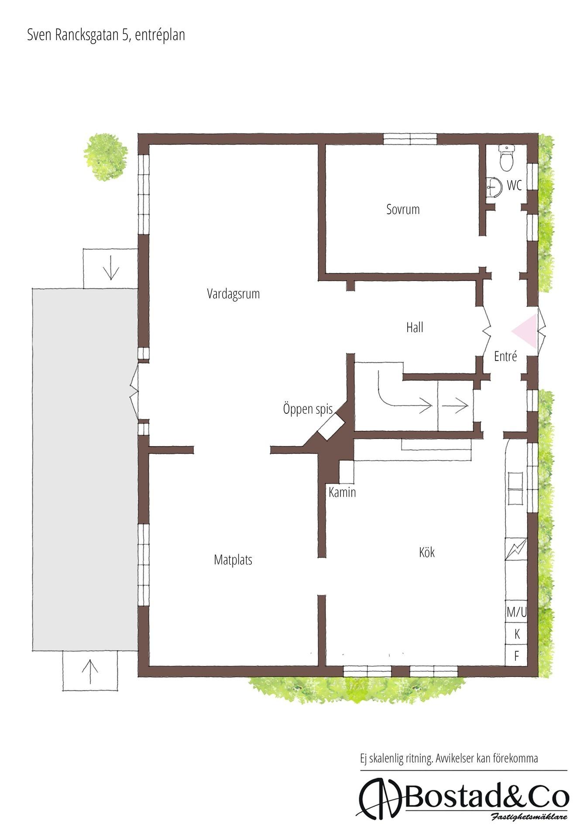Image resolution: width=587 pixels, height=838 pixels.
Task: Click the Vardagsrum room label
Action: [x=233, y=294]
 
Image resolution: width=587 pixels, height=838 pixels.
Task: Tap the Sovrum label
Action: [x=403, y=209]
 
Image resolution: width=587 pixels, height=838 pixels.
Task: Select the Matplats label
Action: [x=233, y=560]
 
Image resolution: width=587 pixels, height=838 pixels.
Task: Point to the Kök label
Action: [x=426, y=552]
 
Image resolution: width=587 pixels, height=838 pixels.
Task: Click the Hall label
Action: [x=415, y=327]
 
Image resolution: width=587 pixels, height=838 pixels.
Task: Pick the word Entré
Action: [x=505, y=356]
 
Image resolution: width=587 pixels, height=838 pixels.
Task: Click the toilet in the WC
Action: [x=507, y=158]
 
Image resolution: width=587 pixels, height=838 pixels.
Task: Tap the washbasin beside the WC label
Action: [x=494, y=187]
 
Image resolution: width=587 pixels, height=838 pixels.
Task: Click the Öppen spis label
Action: [x=308, y=409]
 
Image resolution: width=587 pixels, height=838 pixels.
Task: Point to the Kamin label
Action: [x=342, y=493]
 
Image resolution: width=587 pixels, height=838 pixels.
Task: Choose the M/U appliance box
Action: [x=516, y=612]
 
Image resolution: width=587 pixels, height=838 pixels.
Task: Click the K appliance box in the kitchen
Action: [x=516, y=634]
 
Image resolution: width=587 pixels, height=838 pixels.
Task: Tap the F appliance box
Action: [x=516, y=656]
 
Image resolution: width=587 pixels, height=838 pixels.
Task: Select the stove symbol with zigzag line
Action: [x=516, y=549]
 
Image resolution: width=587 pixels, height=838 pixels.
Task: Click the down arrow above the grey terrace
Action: [x=111, y=268]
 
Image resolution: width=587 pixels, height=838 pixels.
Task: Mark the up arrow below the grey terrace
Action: [x=90, y=671]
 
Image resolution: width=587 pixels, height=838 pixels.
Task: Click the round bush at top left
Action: [x=106, y=157]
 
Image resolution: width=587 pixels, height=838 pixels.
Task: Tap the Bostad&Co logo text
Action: [x=487, y=798]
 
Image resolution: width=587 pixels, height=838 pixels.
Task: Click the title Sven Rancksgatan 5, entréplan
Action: [x=106, y=35]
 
